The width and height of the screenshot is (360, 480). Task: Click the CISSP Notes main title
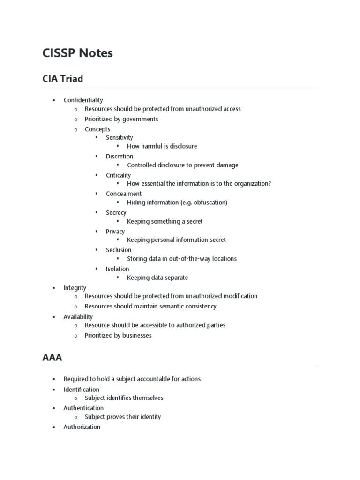pyautogui.click(x=77, y=53)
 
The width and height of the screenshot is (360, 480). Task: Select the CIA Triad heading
pyautogui.click(x=62, y=79)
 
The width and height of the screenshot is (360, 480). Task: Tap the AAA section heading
pyautogui.click(x=52, y=358)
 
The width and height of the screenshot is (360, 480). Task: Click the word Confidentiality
pyautogui.click(x=83, y=100)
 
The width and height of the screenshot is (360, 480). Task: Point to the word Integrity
pyautogui.click(x=75, y=287)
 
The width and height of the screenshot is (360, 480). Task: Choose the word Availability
pyautogui.click(x=78, y=317)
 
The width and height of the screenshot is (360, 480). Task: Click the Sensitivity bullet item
pyautogui.click(x=120, y=137)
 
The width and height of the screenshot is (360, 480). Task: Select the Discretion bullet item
pyautogui.click(x=120, y=156)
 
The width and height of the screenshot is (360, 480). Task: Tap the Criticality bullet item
pyautogui.click(x=118, y=175)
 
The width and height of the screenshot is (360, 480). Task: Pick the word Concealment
pyautogui.click(x=124, y=194)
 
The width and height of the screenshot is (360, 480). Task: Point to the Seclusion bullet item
pyautogui.click(x=119, y=250)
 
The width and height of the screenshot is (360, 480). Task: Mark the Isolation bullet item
pyautogui.click(x=117, y=269)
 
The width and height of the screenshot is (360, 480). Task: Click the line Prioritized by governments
pyautogui.click(x=121, y=119)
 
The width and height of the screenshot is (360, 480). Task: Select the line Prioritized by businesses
pyautogui.click(x=118, y=335)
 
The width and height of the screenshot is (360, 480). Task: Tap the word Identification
pyautogui.click(x=81, y=390)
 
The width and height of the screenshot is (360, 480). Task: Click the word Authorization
pyautogui.click(x=82, y=427)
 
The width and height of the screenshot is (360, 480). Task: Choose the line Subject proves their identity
pyautogui.click(x=123, y=417)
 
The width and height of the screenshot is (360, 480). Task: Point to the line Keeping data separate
pyautogui.click(x=157, y=277)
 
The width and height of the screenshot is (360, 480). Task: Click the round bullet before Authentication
pyautogui.click(x=54, y=408)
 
